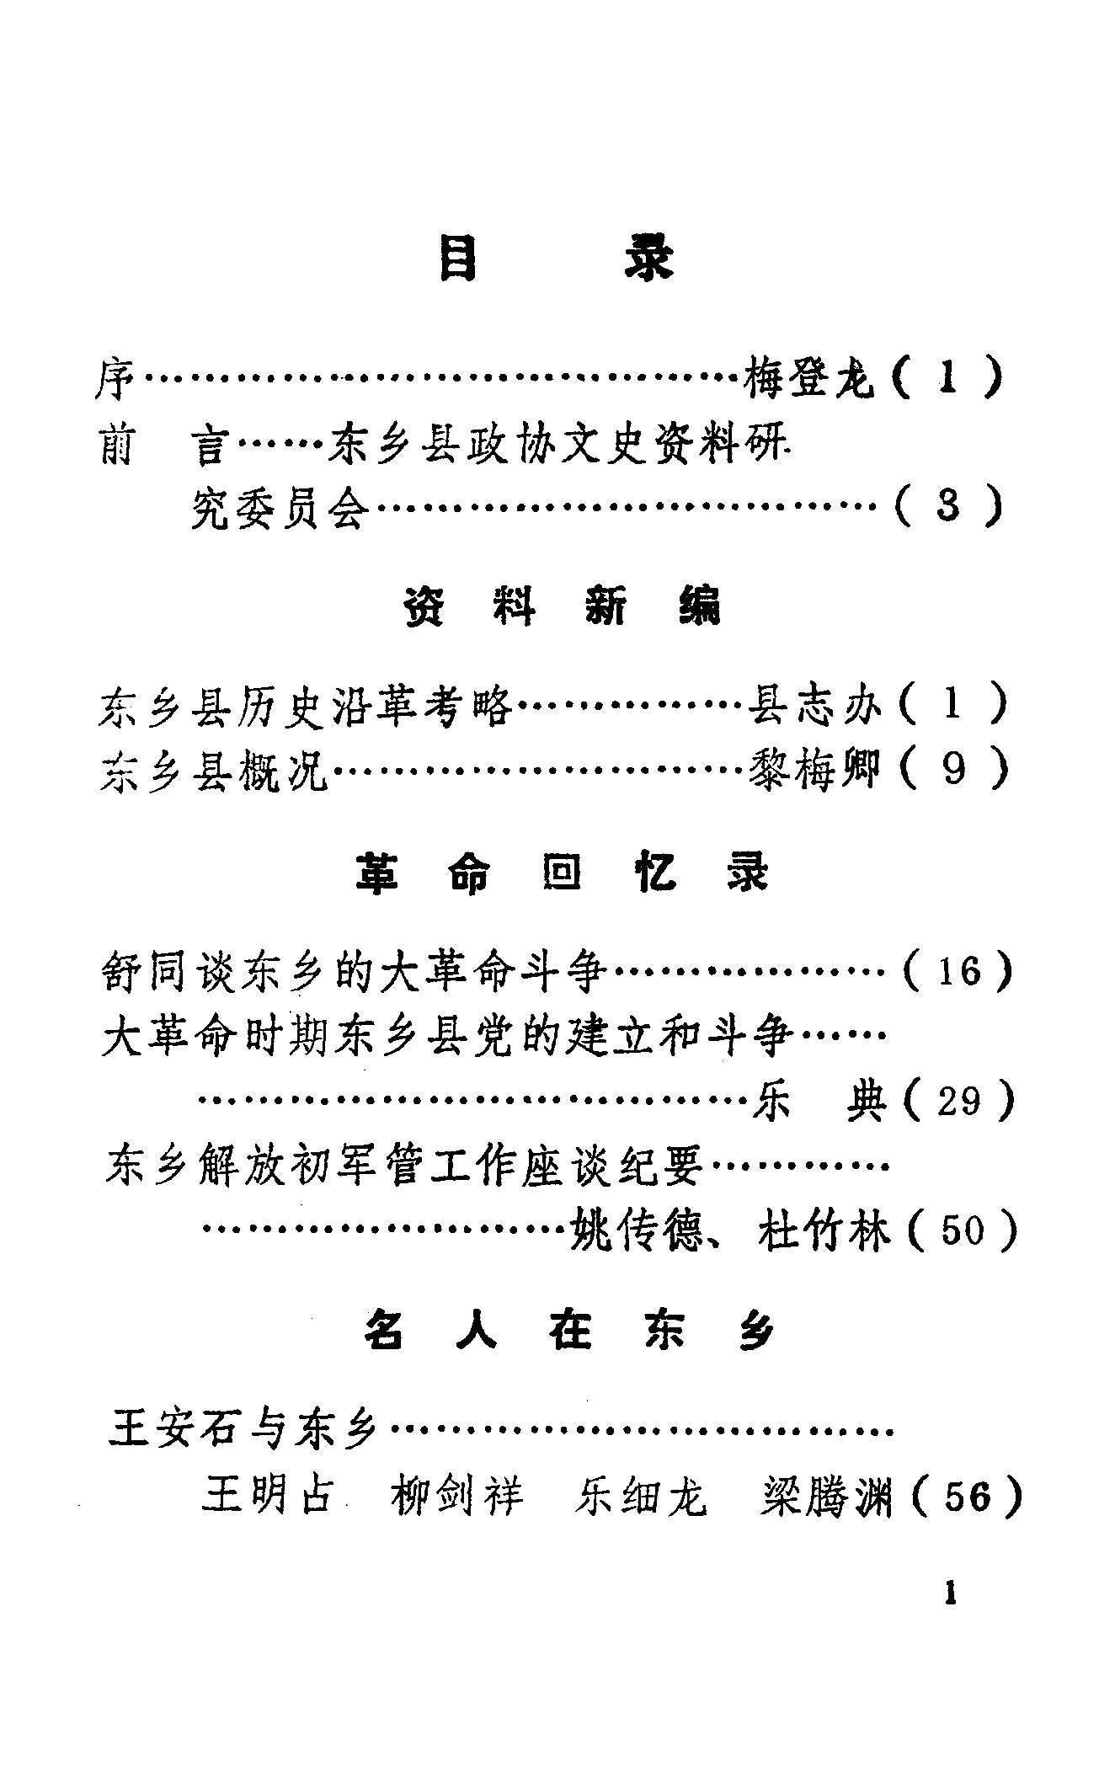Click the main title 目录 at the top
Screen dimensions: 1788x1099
[x=556, y=259]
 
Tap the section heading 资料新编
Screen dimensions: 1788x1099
[x=562, y=606]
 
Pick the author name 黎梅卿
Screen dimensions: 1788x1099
[x=814, y=770]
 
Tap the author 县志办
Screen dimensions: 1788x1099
[x=814, y=705]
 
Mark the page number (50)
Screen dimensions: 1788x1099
[x=962, y=1230]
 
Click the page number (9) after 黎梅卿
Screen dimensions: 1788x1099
[x=953, y=770]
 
